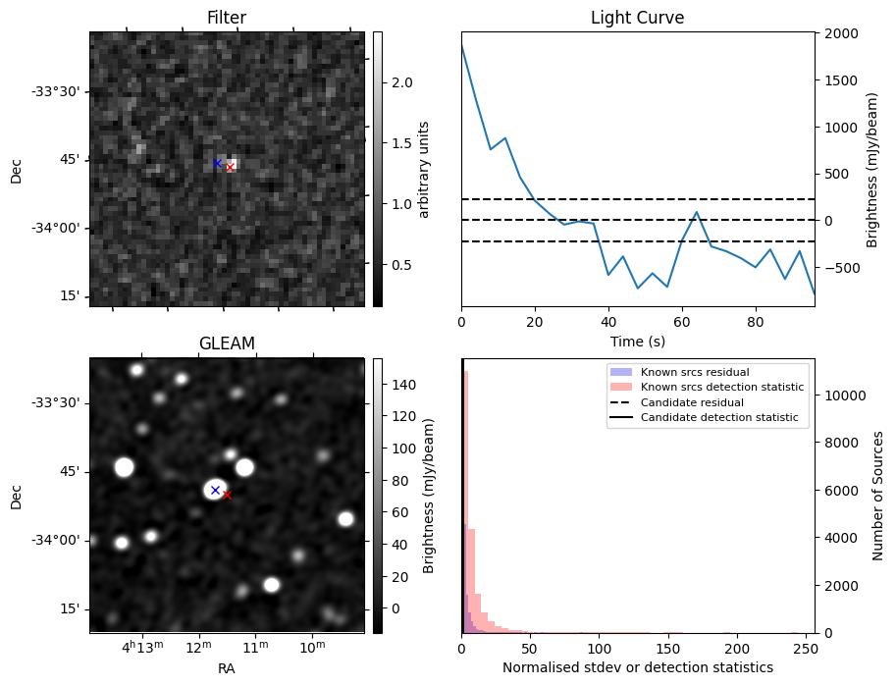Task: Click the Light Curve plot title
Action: coord(637,18)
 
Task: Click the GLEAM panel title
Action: coord(227,343)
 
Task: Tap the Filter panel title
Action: coord(227,18)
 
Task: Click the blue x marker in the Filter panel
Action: coord(217,163)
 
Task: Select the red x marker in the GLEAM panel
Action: coord(227,495)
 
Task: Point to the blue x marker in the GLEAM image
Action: coord(215,490)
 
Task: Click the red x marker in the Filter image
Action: coord(230,168)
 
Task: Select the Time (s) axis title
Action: coord(637,340)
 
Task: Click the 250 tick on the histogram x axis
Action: coord(806,648)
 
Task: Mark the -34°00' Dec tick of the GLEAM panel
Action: coord(55,540)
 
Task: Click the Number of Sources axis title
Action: coord(878,496)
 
